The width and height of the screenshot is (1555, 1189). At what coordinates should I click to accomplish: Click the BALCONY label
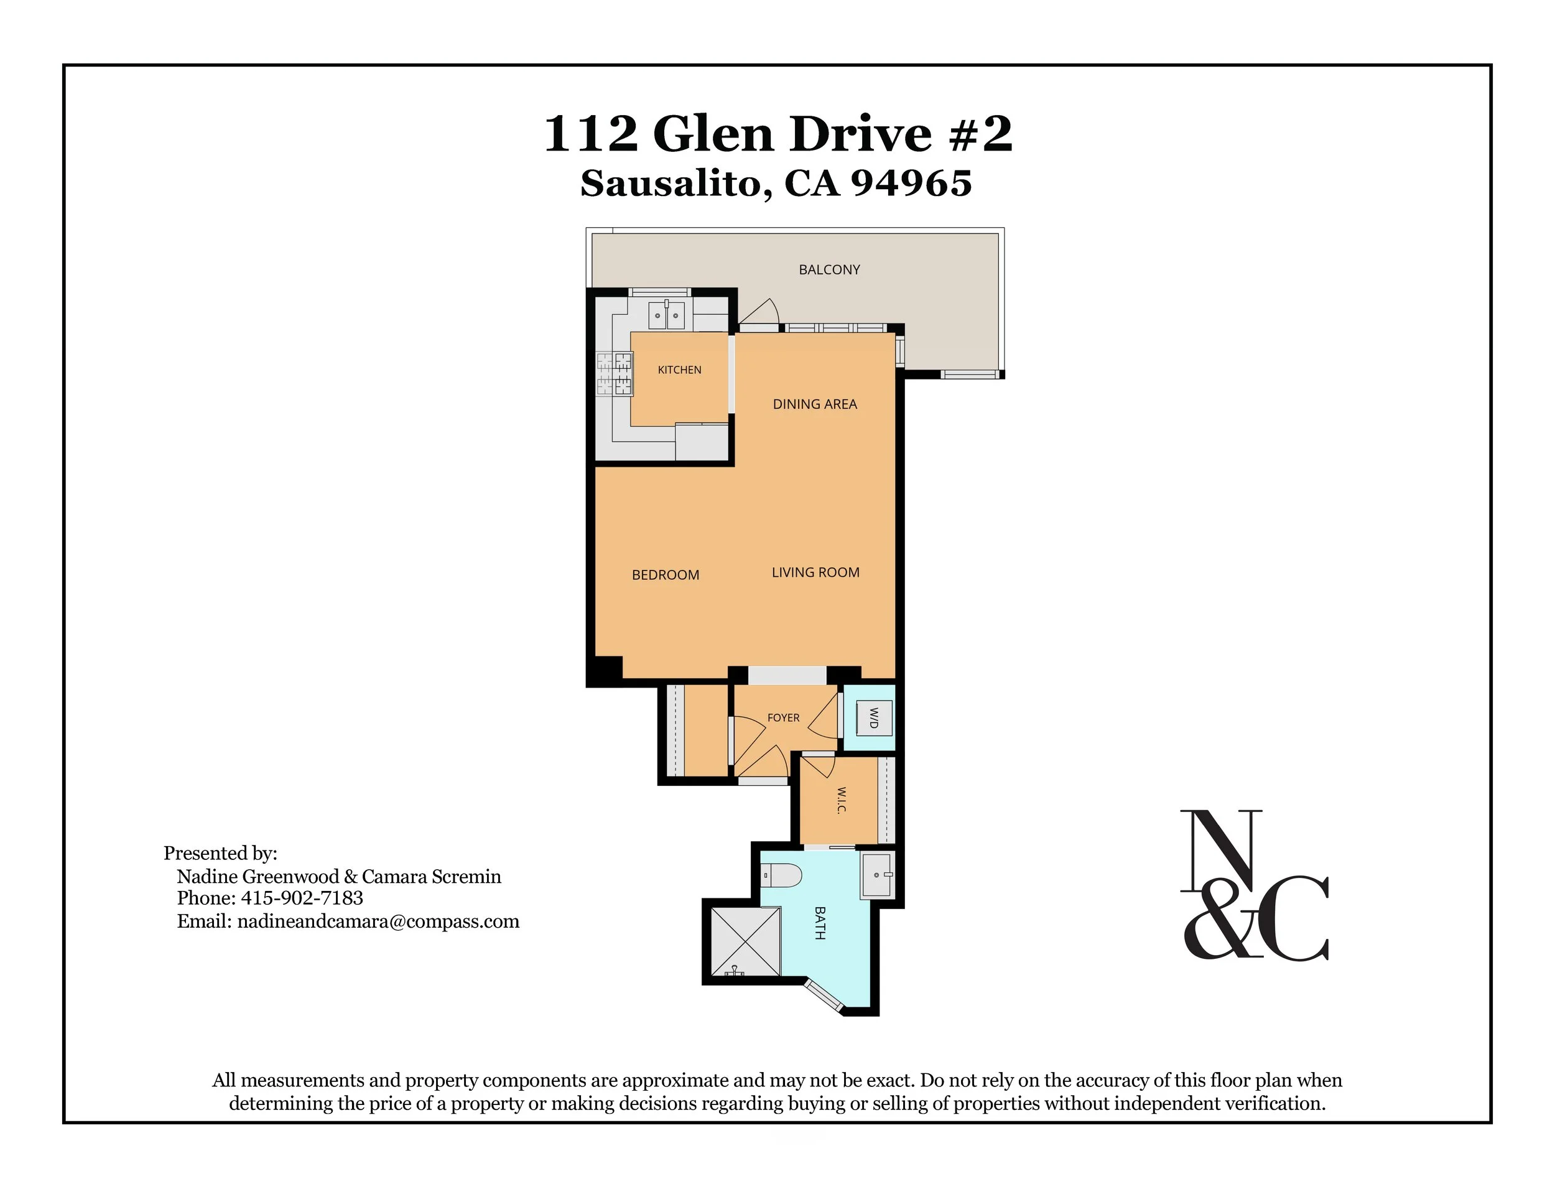click(x=829, y=269)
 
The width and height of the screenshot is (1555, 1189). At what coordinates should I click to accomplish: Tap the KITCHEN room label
click(x=679, y=370)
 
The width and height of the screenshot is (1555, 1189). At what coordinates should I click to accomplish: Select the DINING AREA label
click(x=814, y=404)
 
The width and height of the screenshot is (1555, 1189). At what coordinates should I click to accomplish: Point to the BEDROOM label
click(x=665, y=575)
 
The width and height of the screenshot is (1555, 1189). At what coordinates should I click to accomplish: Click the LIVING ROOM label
click(x=815, y=572)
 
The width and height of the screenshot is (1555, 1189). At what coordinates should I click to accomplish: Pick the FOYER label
click(x=783, y=717)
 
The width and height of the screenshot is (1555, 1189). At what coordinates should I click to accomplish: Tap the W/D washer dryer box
click(x=874, y=717)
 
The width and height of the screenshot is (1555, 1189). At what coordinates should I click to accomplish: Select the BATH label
click(x=820, y=923)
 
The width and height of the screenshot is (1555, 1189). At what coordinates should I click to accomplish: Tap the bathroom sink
click(x=878, y=875)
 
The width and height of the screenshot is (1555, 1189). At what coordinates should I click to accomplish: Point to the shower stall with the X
click(x=745, y=942)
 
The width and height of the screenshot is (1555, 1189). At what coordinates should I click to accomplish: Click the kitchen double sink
click(x=666, y=314)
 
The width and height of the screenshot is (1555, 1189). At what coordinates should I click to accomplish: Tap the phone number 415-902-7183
click(x=302, y=898)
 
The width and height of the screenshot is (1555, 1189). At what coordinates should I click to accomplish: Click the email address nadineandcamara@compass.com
click(x=379, y=921)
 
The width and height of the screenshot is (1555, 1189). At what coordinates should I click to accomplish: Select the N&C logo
click(x=1253, y=885)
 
